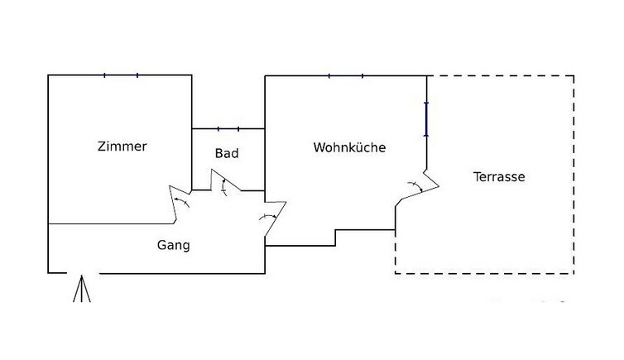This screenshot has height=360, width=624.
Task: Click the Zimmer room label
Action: point(122,146)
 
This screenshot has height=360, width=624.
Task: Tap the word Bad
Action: point(227,153)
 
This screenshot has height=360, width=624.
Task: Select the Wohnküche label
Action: point(349,147)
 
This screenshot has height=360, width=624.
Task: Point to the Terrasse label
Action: point(499,176)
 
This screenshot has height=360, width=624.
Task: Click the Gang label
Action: point(174,245)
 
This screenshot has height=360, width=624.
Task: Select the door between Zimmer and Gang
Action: point(180,203)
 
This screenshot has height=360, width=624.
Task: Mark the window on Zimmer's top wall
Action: point(121,75)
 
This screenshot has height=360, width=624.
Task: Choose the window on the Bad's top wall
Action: point(228,129)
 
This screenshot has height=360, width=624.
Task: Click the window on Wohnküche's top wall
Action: point(346,76)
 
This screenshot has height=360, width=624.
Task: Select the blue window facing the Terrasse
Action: point(426,118)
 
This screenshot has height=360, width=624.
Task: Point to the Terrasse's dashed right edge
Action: point(574,174)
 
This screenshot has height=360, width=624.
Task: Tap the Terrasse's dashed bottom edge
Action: point(484,272)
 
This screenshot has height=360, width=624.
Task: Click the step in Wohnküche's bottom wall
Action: point(335,238)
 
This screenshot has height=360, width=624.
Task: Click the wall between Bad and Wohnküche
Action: point(265,157)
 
